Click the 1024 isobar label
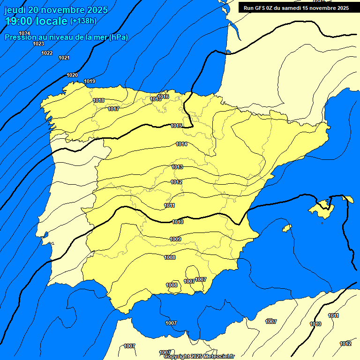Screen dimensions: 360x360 pos(25,33)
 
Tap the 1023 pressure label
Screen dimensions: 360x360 pos(38,44)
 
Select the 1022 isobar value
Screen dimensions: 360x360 pos(47,53)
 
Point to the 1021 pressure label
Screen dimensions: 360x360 pos(64,58)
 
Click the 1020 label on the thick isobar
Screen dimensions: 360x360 pos(72,75)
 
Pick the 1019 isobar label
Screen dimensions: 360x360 pos(90,82)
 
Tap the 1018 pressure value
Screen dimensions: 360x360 pos(98,100)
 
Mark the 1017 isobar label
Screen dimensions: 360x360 pos(113,109)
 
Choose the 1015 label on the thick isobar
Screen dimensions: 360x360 pos(176,126)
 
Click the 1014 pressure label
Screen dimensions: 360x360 pos(181,144)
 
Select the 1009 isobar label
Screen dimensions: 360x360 pos(175,239)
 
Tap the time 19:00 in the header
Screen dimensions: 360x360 pos(19,21)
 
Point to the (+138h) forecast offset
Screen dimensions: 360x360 pos(83,21)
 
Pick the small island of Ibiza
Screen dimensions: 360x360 pos(287,228)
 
